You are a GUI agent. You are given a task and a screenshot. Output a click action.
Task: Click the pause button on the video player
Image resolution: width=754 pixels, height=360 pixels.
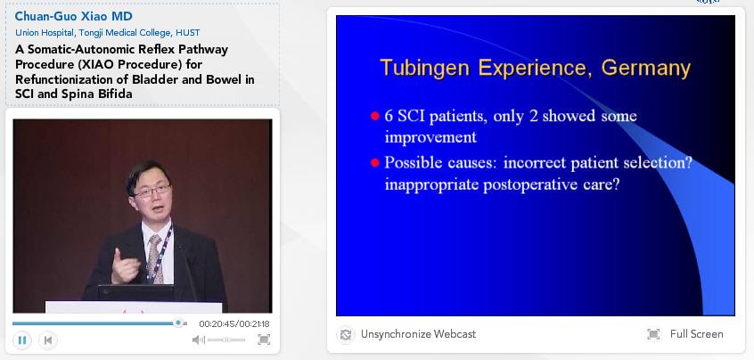[x=22, y=340]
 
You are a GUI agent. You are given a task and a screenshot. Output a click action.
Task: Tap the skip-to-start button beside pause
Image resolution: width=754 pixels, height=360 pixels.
[x=47, y=340]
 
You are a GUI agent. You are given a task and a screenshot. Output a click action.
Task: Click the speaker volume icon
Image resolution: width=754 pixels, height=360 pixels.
[x=198, y=340]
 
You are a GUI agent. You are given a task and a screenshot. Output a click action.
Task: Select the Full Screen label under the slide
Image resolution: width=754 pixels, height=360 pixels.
[x=696, y=334]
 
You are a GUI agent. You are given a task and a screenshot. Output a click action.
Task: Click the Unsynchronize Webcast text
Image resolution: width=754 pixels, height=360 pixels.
[x=418, y=334]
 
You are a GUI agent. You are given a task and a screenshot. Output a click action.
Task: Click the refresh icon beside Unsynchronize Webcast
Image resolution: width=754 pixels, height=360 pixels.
[x=345, y=334]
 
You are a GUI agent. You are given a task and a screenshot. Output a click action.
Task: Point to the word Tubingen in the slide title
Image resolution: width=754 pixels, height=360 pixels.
[x=424, y=69]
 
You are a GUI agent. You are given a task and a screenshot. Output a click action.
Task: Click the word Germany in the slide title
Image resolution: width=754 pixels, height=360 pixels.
[x=645, y=69]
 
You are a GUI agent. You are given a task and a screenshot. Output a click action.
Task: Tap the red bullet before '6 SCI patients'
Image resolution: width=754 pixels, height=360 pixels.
[x=375, y=116]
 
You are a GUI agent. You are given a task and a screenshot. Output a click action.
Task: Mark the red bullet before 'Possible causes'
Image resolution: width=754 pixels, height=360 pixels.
[x=375, y=163]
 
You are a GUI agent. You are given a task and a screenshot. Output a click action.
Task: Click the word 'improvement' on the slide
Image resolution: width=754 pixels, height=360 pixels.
[x=430, y=137]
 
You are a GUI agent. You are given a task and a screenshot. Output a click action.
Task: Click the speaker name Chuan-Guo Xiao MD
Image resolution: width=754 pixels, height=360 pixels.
[x=74, y=16]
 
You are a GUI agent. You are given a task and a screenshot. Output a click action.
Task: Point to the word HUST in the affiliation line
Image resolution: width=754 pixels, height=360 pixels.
[x=188, y=33]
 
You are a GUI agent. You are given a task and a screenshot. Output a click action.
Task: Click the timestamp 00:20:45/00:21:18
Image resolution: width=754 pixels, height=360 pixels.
[x=234, y=324]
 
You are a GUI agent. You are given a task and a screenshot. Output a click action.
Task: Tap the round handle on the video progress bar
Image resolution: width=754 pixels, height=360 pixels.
[x=178, y=323]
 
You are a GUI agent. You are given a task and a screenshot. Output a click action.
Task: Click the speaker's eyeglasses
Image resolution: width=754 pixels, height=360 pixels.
[x=152, y=192]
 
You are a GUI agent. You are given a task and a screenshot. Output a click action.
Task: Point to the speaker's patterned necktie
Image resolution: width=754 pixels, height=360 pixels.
[x=155, y=258]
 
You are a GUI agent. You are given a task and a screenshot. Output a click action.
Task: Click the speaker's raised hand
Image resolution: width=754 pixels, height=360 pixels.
[x=124, y=266]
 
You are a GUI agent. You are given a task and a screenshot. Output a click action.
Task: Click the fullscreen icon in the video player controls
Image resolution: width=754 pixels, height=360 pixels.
[x=264, y=340]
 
